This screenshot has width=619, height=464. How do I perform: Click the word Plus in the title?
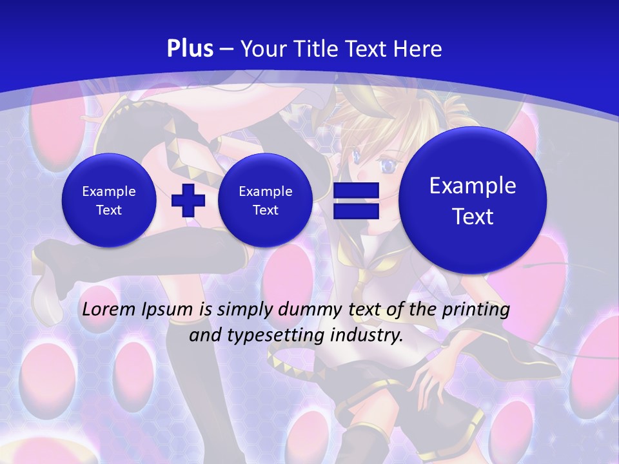[190, 48]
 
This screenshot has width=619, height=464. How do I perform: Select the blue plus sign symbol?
[188, 200]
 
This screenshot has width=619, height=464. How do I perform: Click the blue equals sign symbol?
[355, 200]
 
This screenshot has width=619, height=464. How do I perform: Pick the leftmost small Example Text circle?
[109, 200]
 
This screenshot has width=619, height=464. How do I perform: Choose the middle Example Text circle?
[265, 200]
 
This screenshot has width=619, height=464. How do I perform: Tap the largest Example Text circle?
[473, 200]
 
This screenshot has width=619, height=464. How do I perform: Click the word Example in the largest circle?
[473, 186]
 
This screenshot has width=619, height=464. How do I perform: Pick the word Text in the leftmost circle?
[109, 210]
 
